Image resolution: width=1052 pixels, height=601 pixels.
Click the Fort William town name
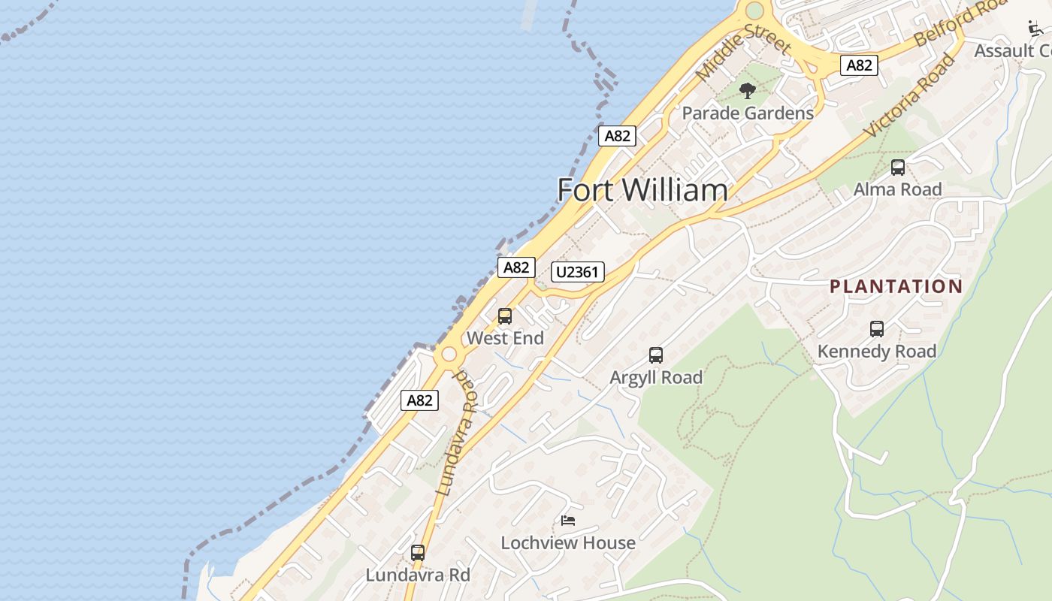pos(642,190)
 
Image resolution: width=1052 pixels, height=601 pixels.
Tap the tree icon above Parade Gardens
pos(747,92)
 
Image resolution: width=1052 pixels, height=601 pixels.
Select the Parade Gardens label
pos(748,113)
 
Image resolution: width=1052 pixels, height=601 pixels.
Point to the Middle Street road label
pos(743,53)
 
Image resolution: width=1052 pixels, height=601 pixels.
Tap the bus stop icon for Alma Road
pos(898,168)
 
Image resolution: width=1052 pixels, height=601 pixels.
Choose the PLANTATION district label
pos(896,286)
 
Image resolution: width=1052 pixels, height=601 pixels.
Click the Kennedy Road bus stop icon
pos(877,329)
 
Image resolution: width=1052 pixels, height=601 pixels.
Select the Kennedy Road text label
pos(877,351)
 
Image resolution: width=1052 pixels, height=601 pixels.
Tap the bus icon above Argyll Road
pos(656,355)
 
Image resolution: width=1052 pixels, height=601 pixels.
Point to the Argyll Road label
pos(656,377)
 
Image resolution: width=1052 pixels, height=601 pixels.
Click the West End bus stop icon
pos(505,316)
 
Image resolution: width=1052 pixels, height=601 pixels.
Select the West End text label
pos(505,338)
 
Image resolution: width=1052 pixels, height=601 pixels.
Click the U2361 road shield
pos(578,272)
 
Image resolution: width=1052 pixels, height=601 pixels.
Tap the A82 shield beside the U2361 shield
pos(516,267)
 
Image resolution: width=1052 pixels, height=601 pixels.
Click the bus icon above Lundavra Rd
pos(418,553)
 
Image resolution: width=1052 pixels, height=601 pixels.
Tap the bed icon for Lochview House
pos(568,521)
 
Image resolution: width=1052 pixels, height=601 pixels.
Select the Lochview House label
pos(568,542)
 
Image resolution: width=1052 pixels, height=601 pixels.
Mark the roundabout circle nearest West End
pos(449,354)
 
